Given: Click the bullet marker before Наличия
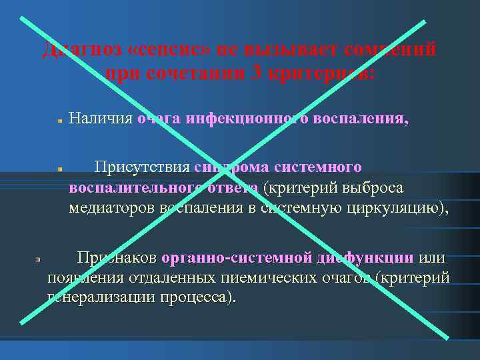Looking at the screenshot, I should [x=59, y=122].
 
